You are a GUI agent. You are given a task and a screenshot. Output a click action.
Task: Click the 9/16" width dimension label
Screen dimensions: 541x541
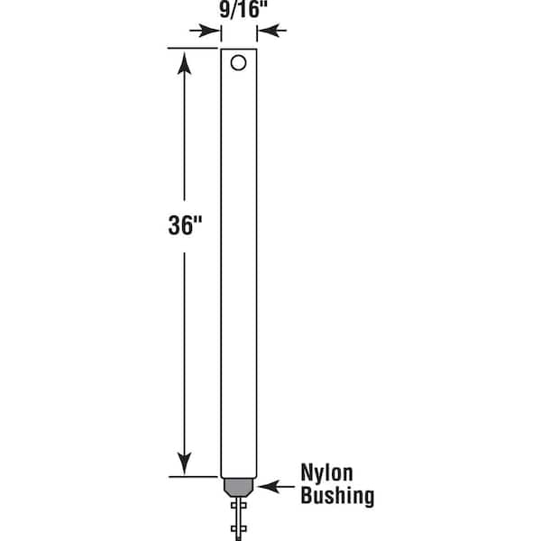tap(243, 10)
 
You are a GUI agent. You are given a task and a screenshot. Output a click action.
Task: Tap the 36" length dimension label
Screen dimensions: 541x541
tap(185, 225)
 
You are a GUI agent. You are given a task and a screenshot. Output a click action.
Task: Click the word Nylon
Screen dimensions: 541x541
tap(326, 472)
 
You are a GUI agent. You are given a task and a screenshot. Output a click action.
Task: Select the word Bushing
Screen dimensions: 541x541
tap(337, 496)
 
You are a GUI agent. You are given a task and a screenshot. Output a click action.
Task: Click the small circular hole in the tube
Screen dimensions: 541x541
tap(238, 63)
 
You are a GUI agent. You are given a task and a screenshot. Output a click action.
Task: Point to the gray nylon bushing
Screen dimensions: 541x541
tap(238, 487)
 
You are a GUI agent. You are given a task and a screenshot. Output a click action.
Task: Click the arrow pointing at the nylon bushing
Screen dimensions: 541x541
tap(276, 487)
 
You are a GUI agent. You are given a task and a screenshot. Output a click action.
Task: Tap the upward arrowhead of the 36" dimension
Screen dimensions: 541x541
tap(184, 63)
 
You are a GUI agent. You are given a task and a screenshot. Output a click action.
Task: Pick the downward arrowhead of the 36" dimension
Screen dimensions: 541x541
tap(184, 463)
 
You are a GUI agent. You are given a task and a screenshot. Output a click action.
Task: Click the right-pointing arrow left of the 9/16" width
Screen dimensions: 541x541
tap(205, 31)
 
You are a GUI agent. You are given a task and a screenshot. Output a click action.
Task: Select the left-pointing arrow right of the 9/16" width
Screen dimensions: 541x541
tap(272, 31)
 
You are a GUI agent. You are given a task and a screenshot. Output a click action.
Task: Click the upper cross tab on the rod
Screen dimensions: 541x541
tap(238, 506)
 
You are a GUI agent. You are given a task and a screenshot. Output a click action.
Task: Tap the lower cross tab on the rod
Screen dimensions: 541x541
tap(238, 528)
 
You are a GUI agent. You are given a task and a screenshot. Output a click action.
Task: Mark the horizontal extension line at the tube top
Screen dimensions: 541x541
tap(192, 49)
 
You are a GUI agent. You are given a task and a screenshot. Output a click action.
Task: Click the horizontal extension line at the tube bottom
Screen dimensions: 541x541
tap(193, 477)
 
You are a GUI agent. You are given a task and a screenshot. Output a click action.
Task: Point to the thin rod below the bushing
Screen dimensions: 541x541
tap(238, 518)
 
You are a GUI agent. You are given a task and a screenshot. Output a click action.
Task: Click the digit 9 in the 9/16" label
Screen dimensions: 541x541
tap(225, 10)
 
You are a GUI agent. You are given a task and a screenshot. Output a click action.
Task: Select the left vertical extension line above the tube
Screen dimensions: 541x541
tap(221, 34)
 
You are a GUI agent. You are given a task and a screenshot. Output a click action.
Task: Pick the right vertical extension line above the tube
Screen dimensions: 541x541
tap(257, 34)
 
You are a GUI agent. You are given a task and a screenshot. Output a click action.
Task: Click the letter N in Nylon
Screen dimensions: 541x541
tap(307, 472)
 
